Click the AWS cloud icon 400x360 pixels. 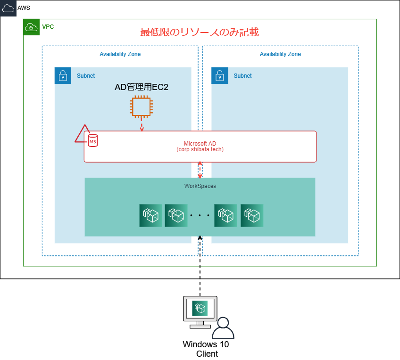8,8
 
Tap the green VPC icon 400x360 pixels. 31,27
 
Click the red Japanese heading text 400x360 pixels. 200,32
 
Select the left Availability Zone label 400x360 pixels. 120,54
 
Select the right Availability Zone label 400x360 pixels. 280,54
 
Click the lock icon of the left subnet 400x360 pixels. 63,75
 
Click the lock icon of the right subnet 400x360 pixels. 219,75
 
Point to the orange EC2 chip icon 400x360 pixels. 142,106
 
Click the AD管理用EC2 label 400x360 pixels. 142,87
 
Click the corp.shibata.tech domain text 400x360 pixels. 200,149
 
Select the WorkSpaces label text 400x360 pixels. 200,186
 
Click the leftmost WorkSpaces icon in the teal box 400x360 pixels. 151,216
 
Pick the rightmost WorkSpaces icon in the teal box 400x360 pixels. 252,216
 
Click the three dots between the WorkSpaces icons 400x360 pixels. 200,216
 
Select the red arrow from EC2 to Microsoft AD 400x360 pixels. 142,124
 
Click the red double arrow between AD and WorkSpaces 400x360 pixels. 200,170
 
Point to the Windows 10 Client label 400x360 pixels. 206,349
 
